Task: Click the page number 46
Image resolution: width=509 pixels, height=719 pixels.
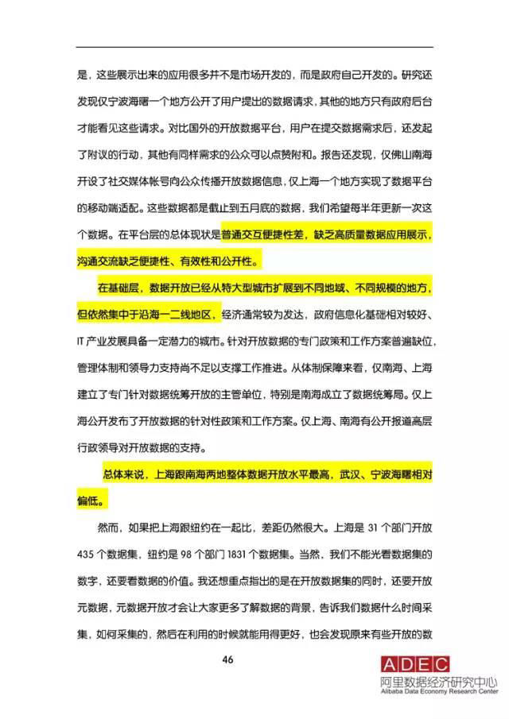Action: tap(254, 661)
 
